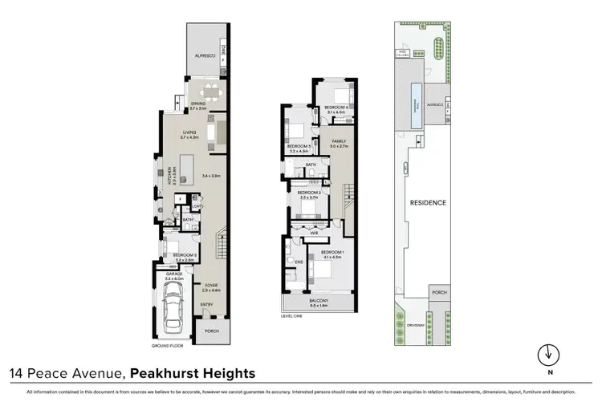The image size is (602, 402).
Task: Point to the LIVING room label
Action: [189, 134]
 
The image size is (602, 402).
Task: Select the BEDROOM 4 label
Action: [336, 108]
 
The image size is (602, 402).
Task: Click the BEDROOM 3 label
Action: [299, 146]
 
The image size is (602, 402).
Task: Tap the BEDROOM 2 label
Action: [309, 193]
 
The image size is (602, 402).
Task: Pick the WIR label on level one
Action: [326, 233]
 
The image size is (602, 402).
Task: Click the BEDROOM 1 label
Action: [332, 253]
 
